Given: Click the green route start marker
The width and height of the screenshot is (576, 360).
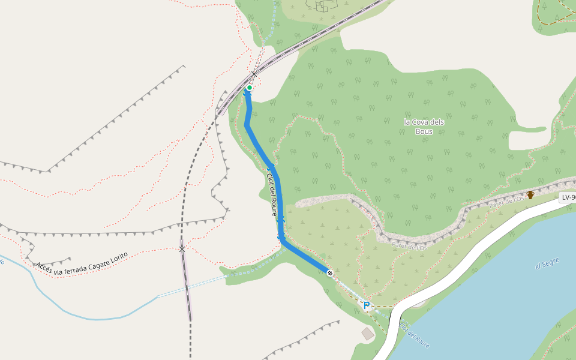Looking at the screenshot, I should (250, 88).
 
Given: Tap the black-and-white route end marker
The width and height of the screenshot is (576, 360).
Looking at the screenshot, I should (330, 273).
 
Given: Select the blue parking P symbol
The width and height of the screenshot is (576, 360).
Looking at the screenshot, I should (366, 305).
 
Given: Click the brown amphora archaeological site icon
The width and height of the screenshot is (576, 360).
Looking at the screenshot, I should (530, 194).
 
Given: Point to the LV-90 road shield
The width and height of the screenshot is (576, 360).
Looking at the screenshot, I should (568, 197).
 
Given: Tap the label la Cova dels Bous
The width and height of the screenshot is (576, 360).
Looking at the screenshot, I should (424, 127).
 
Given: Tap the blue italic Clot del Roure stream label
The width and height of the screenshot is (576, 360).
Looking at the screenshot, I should (414, 335).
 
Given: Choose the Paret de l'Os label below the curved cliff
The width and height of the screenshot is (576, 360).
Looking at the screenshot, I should (410, 245).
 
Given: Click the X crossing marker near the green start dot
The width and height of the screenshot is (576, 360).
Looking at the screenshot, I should (254, 74).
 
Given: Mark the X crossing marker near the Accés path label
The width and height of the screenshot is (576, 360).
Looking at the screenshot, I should (182, 248).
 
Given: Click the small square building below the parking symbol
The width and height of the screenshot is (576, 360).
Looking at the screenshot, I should (368, 334).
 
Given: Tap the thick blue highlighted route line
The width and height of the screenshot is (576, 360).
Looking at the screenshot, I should (264, 153).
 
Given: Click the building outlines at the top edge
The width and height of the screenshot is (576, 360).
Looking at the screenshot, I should (323, 5).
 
